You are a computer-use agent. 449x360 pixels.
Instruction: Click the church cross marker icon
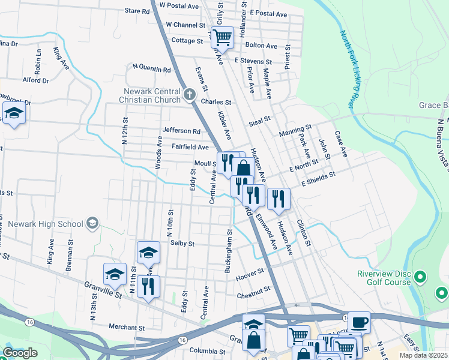pos(190,94)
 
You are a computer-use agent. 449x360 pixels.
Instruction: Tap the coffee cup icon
pos(359,322)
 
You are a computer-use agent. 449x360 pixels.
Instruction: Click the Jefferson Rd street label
pos(181,130)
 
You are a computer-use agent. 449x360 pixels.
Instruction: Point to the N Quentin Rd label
pos(151,68)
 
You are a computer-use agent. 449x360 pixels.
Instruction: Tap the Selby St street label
pos(182,244)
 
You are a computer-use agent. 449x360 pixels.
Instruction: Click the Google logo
pos(20,353)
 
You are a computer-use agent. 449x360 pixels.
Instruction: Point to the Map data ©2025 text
pos(423,355)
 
